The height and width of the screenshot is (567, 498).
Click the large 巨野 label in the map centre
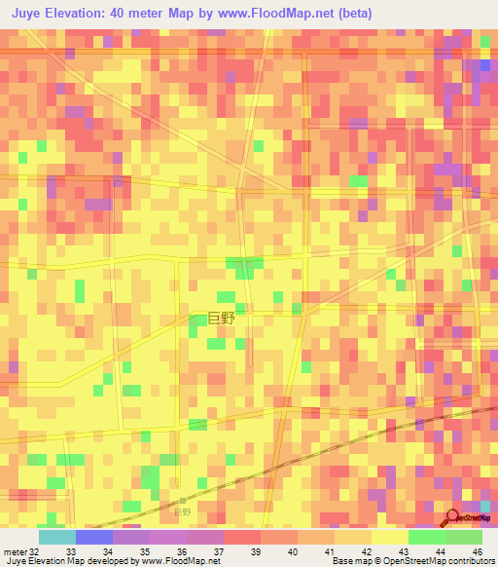tap(222, 318)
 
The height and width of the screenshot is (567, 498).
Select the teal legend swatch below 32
tap(57, 538)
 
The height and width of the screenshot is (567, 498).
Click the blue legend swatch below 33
tap(94, 538)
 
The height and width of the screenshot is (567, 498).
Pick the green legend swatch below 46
tap(464, 538)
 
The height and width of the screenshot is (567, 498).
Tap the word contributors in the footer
tap(471, 560)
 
